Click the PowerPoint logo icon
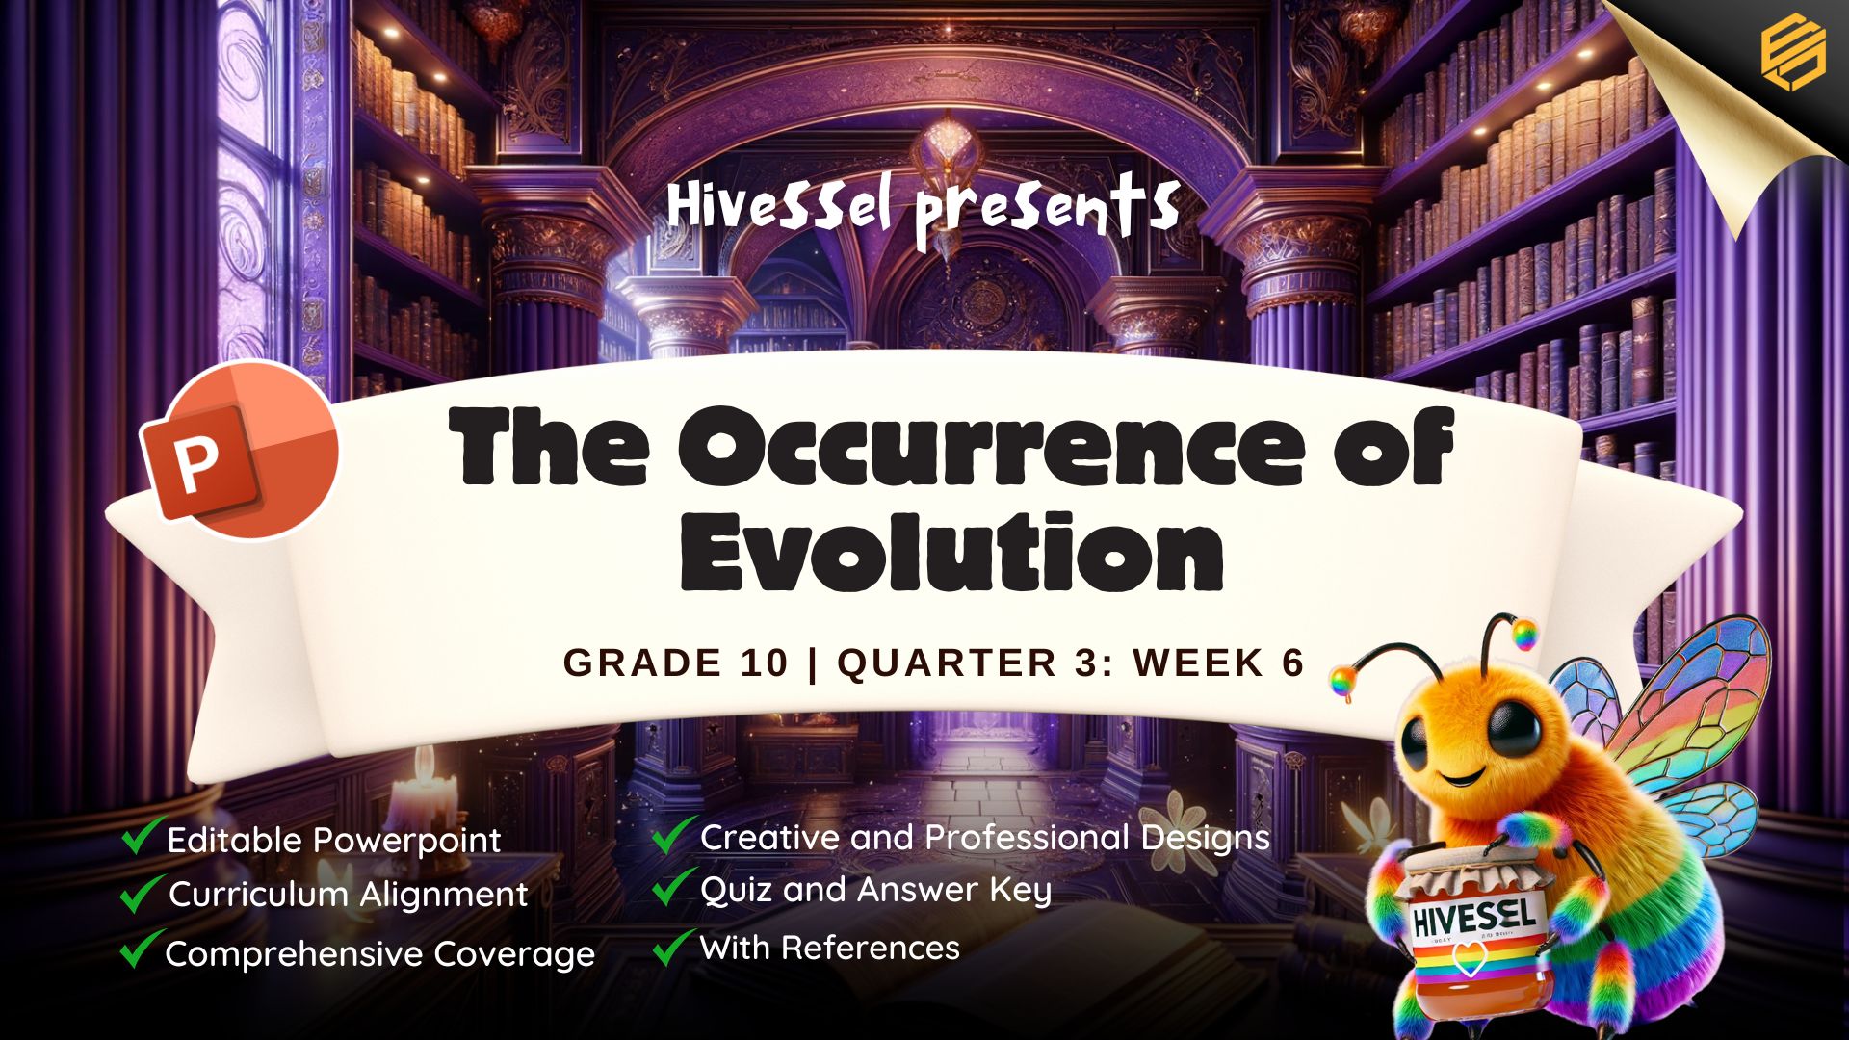point(240,449)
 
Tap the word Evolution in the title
point(952,551)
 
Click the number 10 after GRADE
point(766,663)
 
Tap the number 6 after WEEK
point(1292,663)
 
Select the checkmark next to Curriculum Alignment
point(142,892)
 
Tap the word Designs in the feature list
point(1205,839)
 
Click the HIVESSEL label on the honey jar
point(1472,917)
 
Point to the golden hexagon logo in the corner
point(1793,54)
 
